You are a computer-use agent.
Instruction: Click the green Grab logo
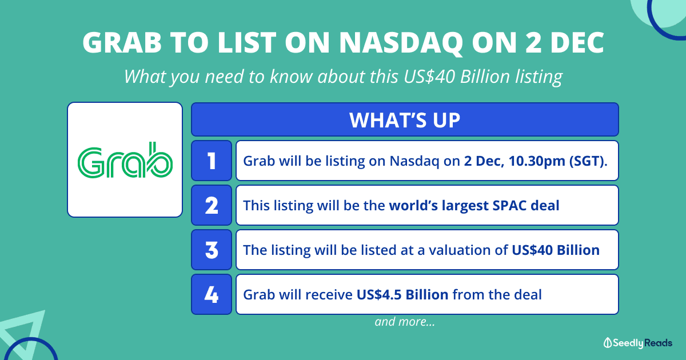(x=125, y=160)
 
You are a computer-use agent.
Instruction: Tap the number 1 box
(x=212, y=161)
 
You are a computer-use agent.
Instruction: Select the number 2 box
(x=212, y=205)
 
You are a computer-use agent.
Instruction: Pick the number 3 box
(x=212, y=250)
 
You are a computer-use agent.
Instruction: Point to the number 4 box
(x=212, y=294)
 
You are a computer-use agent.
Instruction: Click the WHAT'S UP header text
(x=405, y=119)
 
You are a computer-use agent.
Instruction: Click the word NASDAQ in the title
(x=401, y=42)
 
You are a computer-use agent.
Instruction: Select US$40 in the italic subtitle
(x=430, y=76)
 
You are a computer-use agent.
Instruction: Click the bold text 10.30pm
(x=537, y=161)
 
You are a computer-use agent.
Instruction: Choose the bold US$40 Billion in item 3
(x=556, y=250)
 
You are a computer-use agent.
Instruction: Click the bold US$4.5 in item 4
(x=379, y=295)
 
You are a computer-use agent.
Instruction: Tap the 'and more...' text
(x=405, y=322)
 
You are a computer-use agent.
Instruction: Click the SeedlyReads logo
(x=637, y=343)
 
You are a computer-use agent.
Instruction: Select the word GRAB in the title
(x=122, y=42)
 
